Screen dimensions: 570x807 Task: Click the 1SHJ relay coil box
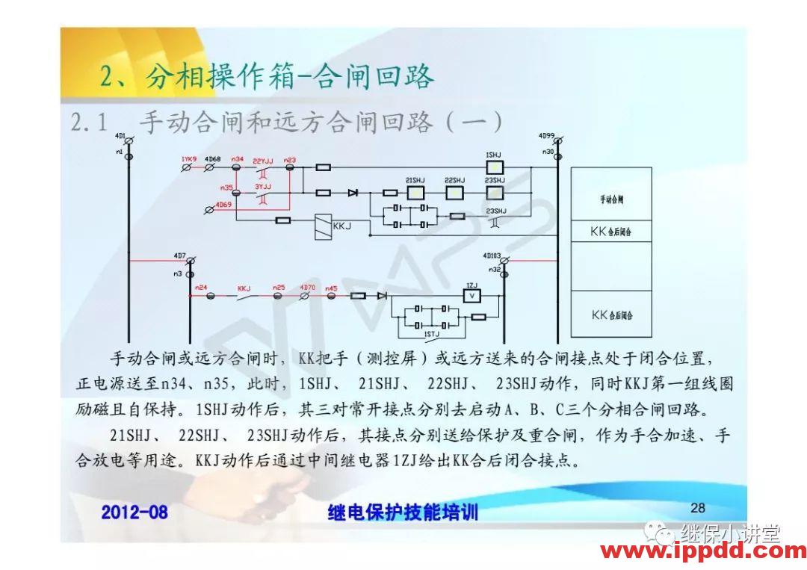(494, 167)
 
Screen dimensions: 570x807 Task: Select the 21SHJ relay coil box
(415, 193)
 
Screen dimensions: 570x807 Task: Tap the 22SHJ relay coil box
(454, 193)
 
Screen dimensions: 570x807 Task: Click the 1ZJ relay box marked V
(471, 296)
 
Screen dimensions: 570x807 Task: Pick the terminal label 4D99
(546, 136)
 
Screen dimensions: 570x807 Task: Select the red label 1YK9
(188, 159)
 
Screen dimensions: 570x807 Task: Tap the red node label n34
(238, 159)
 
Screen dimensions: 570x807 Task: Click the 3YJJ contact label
(262, 185)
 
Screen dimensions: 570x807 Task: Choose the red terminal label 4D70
(307, 287)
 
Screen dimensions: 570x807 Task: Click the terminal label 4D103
(492, 255)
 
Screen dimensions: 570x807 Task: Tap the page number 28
(697, 508)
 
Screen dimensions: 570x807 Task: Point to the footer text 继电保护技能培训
(403, 512)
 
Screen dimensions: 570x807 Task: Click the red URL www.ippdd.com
(703, 552)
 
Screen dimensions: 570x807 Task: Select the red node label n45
(331, 287)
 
